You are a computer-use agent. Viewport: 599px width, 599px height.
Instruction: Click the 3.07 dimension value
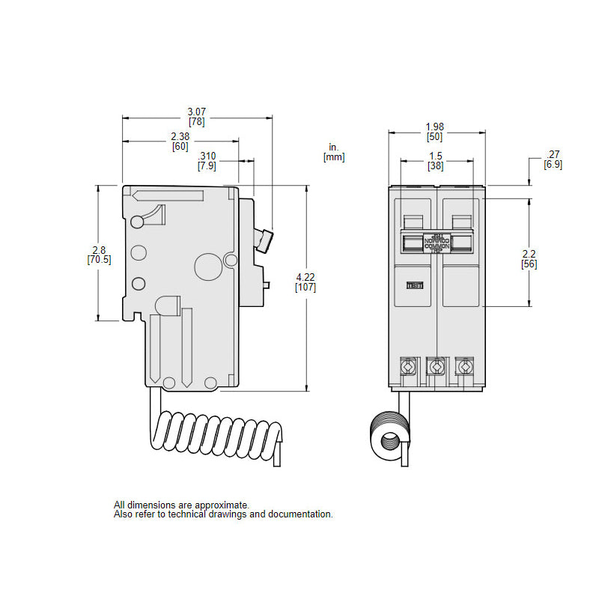pos(197,112)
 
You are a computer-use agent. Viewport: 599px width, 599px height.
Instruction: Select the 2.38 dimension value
pos(180,136)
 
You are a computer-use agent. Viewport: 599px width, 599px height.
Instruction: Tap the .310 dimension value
pos(207,156)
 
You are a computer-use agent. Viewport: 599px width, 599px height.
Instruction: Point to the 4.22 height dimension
pos(305,277)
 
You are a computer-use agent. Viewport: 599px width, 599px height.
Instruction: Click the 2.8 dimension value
pos(99,250)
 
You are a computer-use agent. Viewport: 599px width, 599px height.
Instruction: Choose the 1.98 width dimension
pos(435,126)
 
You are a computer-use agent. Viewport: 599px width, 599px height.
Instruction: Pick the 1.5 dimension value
pos(435,156)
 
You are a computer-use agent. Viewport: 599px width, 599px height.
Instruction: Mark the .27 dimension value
pos(553,154)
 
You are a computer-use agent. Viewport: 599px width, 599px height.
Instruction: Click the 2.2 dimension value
pos(529,254)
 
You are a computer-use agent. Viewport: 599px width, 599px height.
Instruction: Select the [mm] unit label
pos(333,157)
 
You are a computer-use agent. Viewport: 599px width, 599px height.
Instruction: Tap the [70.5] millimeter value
pos(99,260)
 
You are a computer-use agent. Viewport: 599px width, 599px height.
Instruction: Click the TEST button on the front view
pos(414,285)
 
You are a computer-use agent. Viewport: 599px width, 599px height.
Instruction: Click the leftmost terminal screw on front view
pos(409,367)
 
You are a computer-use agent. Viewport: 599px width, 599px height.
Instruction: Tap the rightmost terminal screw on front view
pos(465,367)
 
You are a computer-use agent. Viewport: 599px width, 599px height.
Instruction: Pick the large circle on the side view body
pos(205,265)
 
